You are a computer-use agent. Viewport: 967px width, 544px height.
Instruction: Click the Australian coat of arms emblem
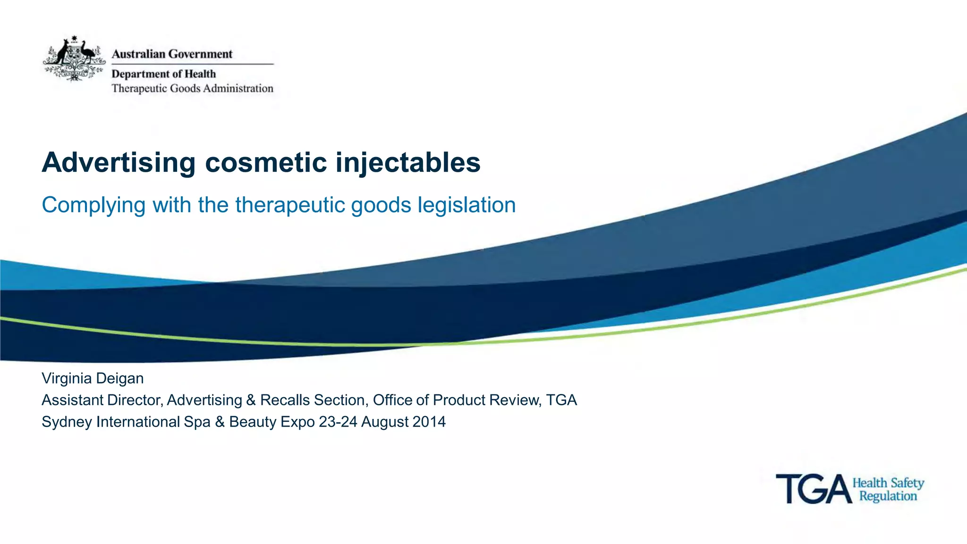(x=74, y=59)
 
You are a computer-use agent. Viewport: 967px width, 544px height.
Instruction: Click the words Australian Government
(x=172, y=54)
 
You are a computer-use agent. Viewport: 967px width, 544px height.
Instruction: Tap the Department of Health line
(x=163, y=74)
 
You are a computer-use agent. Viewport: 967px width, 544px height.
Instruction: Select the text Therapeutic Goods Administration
(x=192, y=89)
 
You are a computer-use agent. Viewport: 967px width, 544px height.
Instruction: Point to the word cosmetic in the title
(x=266, y=163)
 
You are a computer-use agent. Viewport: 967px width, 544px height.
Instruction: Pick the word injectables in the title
(x=408, y=163)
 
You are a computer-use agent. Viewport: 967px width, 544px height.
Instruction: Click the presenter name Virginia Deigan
(x=93, y=378)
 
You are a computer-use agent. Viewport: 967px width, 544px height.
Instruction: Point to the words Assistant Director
(x=102, y=400)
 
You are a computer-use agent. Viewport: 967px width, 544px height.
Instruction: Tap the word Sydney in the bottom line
(x=67, y=422)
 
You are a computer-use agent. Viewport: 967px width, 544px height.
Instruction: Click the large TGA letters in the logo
(x=813, y=489)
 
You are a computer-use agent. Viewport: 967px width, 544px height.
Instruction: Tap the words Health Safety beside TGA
(x=888, y=483)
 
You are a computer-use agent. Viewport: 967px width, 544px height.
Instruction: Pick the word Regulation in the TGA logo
(x=888, y=496)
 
